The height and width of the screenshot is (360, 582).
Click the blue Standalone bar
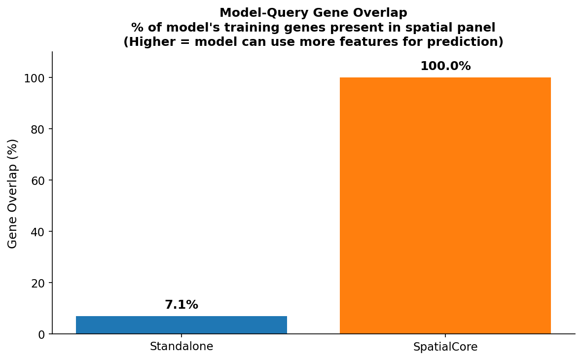coord(182,325)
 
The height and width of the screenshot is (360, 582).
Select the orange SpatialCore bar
coord(445,206)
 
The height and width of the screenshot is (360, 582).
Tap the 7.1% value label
coord(182,305)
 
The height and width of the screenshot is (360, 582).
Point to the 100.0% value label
coord(445,66)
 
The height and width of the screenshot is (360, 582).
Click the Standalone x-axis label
coord(182,347)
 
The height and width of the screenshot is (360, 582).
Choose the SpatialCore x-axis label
coord(445,347)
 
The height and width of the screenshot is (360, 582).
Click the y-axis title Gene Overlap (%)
coord(13,193)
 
